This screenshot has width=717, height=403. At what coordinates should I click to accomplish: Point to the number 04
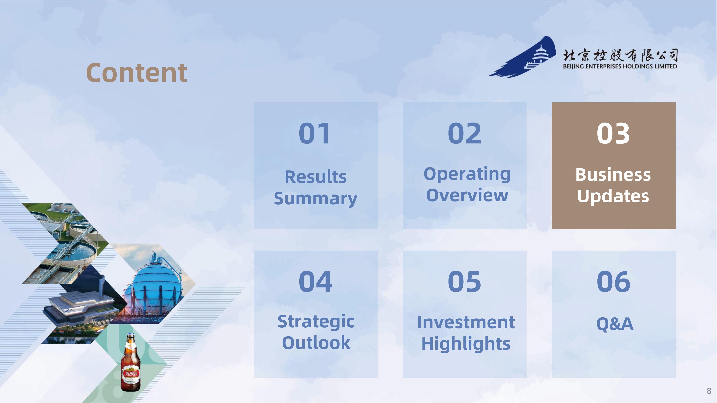point(315,282)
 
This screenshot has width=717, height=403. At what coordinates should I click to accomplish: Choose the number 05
point(464,282)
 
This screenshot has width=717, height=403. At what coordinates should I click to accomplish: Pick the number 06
point(613,282)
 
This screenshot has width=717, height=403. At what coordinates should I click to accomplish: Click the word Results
point(316,177)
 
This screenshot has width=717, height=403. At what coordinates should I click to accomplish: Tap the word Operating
point(467,174)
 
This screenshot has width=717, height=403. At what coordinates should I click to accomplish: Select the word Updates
point(613,196)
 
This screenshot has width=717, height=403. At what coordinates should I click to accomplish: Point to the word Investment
point(466,322)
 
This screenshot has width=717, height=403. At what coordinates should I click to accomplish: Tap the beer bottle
point(130,362)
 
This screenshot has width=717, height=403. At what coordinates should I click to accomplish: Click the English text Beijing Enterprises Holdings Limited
point(620,66)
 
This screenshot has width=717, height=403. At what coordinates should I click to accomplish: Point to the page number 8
point(709,391)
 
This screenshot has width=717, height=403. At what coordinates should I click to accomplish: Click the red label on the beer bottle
point(130,374)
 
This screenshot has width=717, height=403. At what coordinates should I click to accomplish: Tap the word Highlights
point(466,344)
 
